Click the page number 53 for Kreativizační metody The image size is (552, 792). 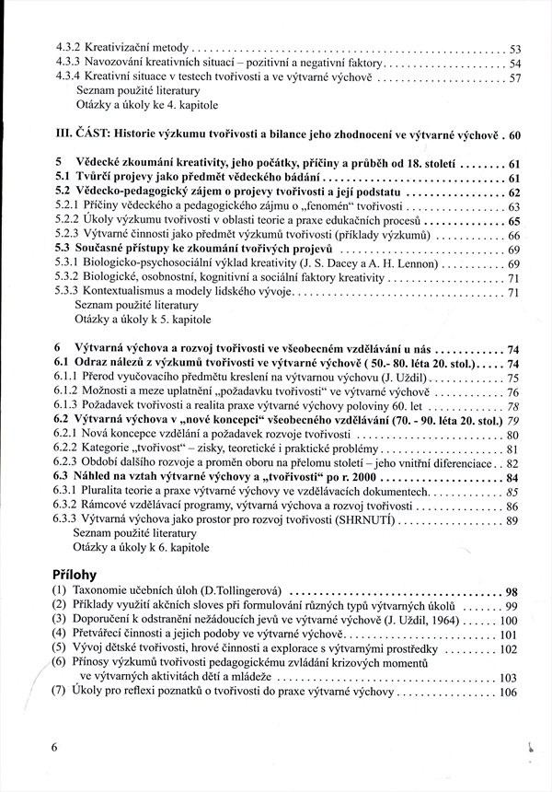click(x=515, y=48)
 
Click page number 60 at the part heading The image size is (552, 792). click(x=514, y=134)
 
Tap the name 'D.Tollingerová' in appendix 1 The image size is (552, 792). click(x=243, y=591)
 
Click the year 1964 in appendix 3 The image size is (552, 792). click(x=420, y=621)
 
